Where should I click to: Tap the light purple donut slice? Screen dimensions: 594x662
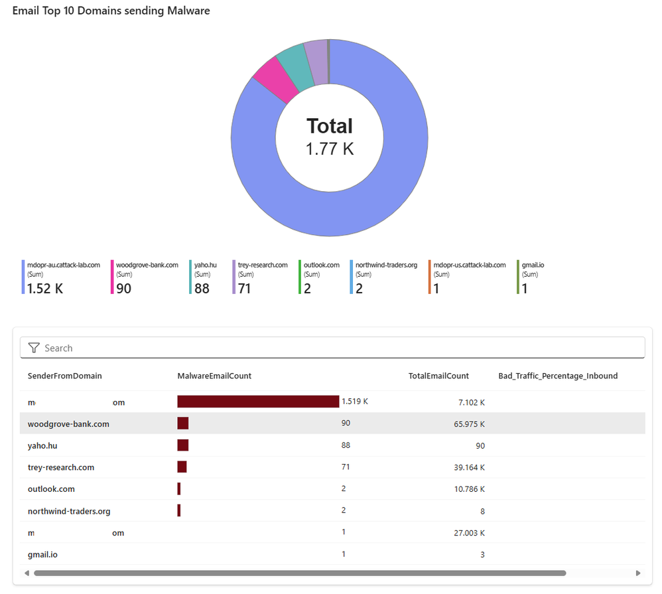pyautogui.click(x=316, y=56)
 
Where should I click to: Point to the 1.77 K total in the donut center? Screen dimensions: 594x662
pyautogui.click(x=330, y=149)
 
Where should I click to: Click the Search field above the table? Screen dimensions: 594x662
pyautogui.click(x=332, y=348)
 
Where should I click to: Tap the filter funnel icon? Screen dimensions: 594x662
pyautogui.click(x=34, y=348)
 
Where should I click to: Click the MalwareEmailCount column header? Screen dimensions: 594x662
pyautogui.click(x=214, y=376)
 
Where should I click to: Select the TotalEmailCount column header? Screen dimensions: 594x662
pyautogui.click(x=438, y=376)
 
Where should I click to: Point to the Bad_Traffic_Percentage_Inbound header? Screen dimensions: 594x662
pyautogui.click(x=558, y=376)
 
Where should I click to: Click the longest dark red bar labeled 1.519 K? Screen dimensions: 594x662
pyautogui.click(x=258, y=402)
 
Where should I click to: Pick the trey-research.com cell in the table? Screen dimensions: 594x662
pyautogui.click(x=61, y=467)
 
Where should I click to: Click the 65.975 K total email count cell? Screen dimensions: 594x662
pyautogui.click(x=469, y=423)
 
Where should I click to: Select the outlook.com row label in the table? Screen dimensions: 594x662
pyautogui.click(x=51, y=489)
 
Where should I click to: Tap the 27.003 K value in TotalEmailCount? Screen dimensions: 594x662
pyautogui.click(x=469, y=532)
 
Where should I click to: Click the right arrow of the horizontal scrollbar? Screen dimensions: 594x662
pyautogui.click(x=638, y=573)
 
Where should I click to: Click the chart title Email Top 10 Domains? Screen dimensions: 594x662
pyautogui.click(x=111, y=11)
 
